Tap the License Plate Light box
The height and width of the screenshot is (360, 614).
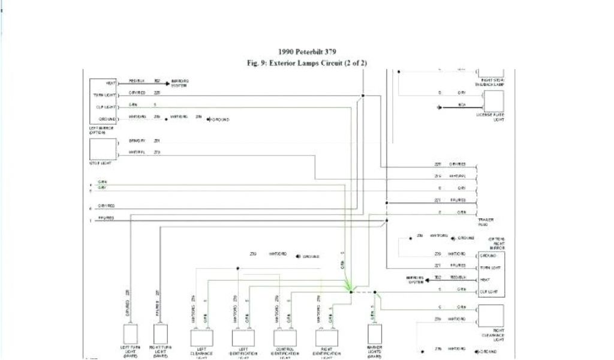click(x=490, y=100)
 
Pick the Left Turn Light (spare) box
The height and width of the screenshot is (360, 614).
click(x=130, y=333)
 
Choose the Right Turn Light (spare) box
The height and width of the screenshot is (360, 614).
click(x=161, y=333)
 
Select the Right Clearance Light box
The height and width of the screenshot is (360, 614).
click(x=490, y=316)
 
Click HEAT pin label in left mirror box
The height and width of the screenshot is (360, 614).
click(x=111, y=83)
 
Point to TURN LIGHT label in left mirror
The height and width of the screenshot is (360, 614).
click(x=104, y=95)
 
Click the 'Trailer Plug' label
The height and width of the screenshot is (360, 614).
click(x=486, y=223)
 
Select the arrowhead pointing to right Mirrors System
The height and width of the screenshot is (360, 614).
click(x=429, y=278)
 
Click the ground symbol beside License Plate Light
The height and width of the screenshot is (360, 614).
click(x=440, y=107)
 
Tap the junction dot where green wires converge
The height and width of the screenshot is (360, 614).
click(x=350, y=290)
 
